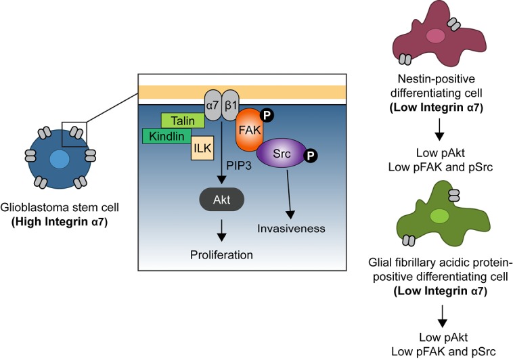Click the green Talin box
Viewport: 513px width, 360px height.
[x=182, y=121]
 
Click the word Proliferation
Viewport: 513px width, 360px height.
[x=222, y=255]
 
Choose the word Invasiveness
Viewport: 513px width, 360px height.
[x=292, y=229]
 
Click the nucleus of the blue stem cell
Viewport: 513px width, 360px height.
[x=60, y=160]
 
